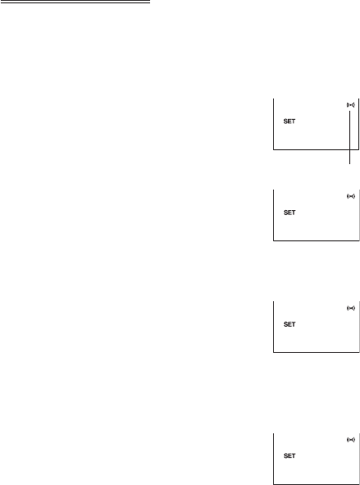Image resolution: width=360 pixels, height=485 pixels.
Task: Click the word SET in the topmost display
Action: tap(289, 121)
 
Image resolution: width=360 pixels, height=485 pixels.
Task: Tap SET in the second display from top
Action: tap(289, 213)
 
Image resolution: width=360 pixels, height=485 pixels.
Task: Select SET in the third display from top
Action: tap(289, 324)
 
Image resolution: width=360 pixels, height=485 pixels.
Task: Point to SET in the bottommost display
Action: tap(289, 456)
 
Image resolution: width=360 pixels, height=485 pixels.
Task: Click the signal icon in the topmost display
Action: tap(350, 105)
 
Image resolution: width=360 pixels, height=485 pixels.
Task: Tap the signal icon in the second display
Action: tap(350, 196)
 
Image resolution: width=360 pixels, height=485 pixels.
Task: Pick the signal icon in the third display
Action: tap(350, 308)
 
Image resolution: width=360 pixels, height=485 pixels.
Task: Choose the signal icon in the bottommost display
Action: tap(350, 440)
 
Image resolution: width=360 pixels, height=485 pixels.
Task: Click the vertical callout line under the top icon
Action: tap(349, 137)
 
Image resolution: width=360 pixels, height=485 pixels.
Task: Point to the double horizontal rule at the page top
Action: tap(75, 2)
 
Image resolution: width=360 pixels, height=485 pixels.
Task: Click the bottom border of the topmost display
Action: tap(316, 149)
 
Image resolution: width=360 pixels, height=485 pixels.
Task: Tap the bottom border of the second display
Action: tap(316, 240)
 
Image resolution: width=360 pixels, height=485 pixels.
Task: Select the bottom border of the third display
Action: tap(316, 352)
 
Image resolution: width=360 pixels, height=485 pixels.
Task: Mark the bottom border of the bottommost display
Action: tap(316, 484)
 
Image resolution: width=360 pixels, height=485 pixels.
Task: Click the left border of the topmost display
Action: tap(273, 124)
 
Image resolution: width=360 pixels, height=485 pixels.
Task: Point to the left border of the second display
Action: tap(273, 215)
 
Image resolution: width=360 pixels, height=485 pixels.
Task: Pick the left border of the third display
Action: tap(273, 327)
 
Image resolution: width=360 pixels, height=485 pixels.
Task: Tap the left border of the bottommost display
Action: tap(273, 459)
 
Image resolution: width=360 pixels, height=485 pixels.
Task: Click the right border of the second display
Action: tap(359, 215)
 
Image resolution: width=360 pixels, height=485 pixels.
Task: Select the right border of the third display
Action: tap(359, 327)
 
